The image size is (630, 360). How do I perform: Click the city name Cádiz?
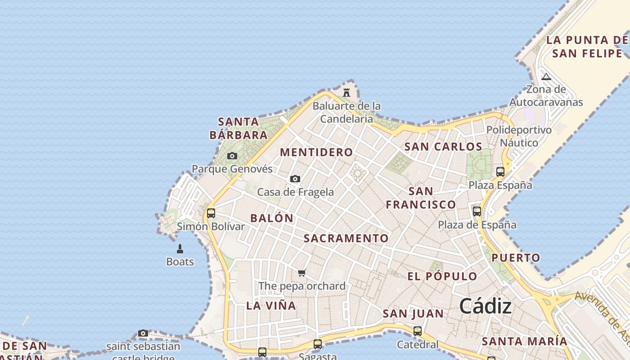tap(485, 306)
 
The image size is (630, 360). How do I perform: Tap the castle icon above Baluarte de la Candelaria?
tap(346, 93)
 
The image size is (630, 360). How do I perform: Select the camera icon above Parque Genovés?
tap(232, 156)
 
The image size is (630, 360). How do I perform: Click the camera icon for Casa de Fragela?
tap(295, 179)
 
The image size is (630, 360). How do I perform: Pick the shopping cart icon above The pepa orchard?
tap(302, 273)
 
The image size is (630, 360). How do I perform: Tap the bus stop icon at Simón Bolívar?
tap(211, 213)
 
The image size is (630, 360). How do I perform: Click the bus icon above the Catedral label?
tap(418, 331)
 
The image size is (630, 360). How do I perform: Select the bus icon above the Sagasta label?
tap(318, 344)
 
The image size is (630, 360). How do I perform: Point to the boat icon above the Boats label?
tap(180, 249)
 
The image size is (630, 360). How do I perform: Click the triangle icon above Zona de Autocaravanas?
tap(546, 76)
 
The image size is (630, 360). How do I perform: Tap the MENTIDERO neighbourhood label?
tap(316, 152)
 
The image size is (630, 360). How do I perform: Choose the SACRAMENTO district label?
tap(346, 238)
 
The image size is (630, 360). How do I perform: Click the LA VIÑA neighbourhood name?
tap(271, 306)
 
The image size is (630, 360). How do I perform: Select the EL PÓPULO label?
tap(442, 276)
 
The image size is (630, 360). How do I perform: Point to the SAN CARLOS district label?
tap(443, 147)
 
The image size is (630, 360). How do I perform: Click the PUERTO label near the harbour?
tap(516, 258)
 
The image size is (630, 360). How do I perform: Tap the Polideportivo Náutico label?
tap(519, 136)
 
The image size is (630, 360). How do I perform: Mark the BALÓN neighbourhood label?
tap(272, 218)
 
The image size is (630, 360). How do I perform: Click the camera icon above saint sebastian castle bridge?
tap(143, 333)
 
